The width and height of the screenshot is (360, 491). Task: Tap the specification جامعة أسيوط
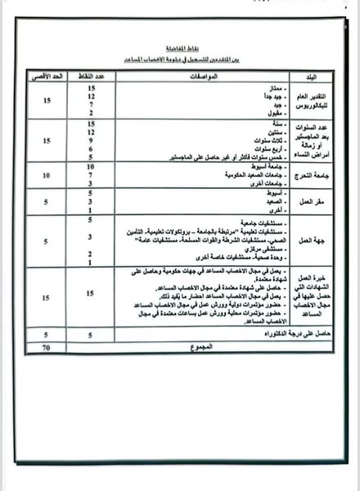[x=245, y=166]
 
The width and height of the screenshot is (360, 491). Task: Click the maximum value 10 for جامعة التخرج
[x=46, y=175]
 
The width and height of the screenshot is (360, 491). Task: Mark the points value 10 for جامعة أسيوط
[x=92, y=166]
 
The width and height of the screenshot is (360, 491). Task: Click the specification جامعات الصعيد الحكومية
[x=229, y=174]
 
